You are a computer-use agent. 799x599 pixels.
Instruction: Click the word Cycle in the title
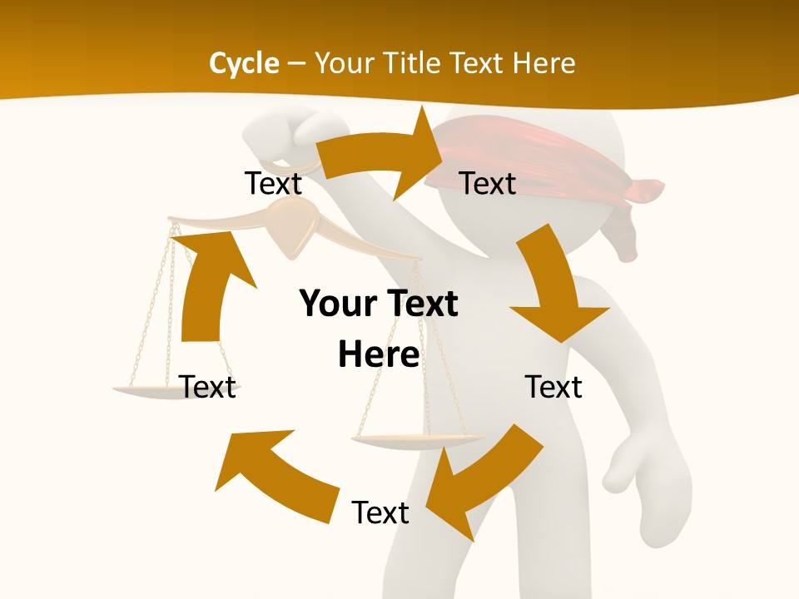244,63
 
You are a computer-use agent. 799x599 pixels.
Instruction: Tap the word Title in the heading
415,63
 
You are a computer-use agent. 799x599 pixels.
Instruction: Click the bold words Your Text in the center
379,304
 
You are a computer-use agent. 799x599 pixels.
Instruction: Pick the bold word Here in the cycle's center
379,354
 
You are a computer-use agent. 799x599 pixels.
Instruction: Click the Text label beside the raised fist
273,184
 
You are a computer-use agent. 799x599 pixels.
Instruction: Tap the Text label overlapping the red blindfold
488,184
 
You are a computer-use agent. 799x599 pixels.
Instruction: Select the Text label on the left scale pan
207,387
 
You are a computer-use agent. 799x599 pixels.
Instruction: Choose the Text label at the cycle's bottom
380,512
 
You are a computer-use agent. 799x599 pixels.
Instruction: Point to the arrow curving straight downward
553,287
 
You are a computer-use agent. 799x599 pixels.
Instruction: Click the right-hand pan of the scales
416,439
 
